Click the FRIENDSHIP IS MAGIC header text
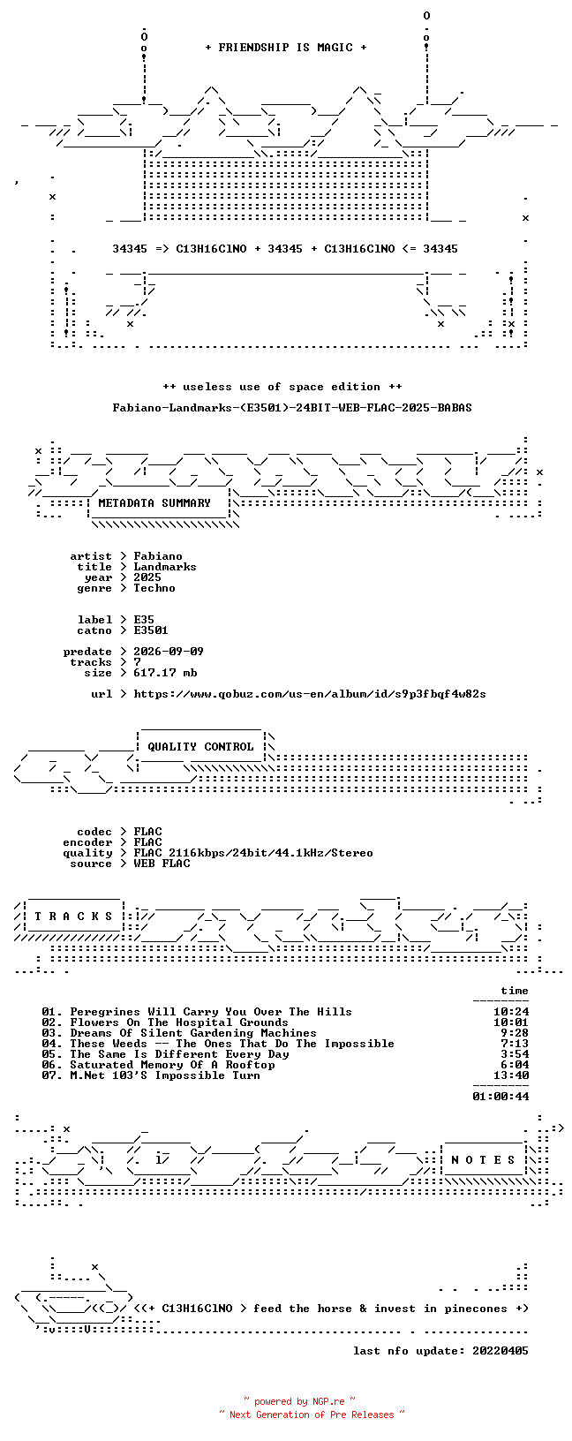(x=286, y=48)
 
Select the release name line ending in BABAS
(x=292, y=408)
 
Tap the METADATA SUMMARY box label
(x=154, y=503)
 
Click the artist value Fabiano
(x=158, y=556)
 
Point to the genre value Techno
(x=154, y=588)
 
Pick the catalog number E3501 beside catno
(x=151, y=630)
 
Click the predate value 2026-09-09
(x=169, y=652)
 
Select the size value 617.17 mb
(x=165, y=673)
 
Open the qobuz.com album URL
(x=310, y=694)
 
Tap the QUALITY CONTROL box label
(x=200, y=747)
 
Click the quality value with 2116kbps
(x=253, y=853)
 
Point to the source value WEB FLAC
(x=162, y=864)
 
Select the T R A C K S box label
(x=73, y=917)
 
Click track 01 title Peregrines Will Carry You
(x=211, y=1012)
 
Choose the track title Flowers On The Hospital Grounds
(x=179, y=1022)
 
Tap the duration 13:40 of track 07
(x=511, y=1075)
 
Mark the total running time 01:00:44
(x=500, y=1097)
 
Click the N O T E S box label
(x=483, y=1160)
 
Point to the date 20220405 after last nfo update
(x=500, y=1351)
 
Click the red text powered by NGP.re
(x=299, y=1401)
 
